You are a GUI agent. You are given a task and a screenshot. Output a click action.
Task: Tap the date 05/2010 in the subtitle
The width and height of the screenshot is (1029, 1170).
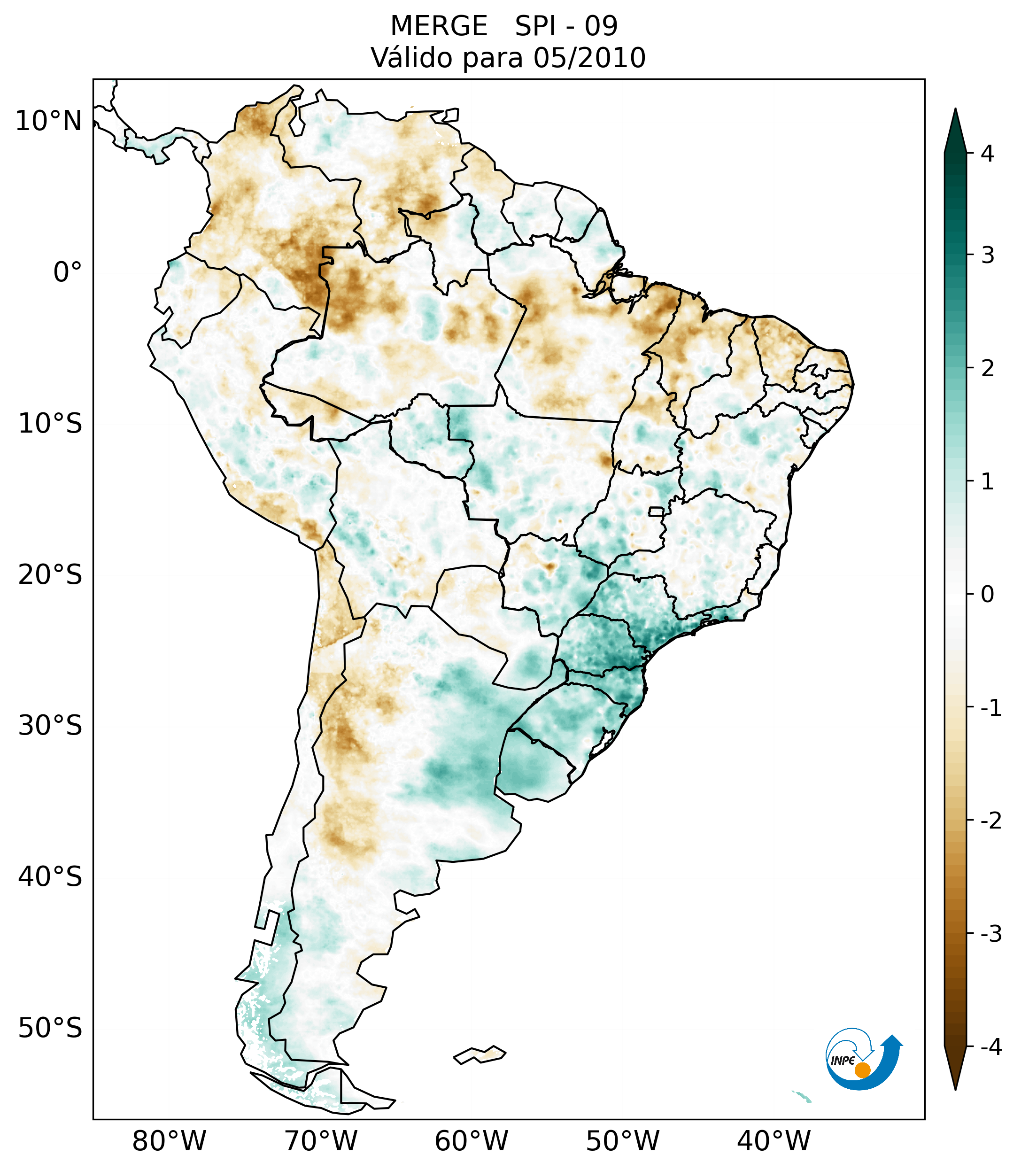click(x=589, y=58)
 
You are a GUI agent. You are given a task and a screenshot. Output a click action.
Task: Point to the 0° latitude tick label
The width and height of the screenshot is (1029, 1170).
click(x=67, y=272)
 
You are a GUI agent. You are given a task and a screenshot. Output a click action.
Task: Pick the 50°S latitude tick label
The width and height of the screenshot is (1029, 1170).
click(x=50, y=1029)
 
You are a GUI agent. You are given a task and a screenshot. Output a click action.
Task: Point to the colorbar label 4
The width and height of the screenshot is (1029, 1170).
click(x=987, y=154)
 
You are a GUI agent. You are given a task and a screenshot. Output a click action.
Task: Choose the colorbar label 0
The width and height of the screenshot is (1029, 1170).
click(x=987, y=595)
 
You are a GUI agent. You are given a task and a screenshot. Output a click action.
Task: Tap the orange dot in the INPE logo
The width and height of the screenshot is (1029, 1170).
click(x=862, y=1070)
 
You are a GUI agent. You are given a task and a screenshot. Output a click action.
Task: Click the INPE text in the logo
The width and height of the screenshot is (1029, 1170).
click(x=843, y=1061)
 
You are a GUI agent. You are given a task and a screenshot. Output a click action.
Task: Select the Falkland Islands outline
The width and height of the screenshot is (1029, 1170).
click(x=480, y=1054)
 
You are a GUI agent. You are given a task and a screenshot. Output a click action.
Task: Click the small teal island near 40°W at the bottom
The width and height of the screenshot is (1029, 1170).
click(x=802, y=1097)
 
